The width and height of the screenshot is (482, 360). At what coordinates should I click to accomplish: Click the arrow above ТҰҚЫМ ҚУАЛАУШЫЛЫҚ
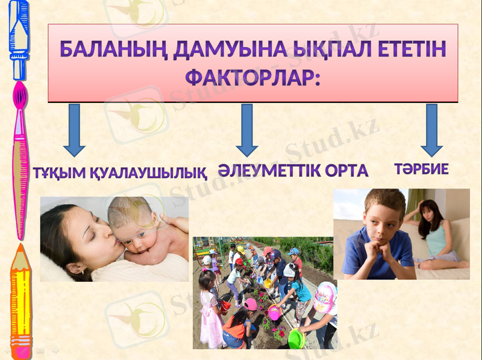tap(74, 129)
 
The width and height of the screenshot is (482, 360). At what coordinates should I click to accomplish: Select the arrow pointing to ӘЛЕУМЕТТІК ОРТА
tap(246, 129)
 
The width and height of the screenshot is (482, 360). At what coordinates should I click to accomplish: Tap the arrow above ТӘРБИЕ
tap(431, 129)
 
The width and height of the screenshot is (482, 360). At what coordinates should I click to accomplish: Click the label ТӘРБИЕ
tap(422, 169)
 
